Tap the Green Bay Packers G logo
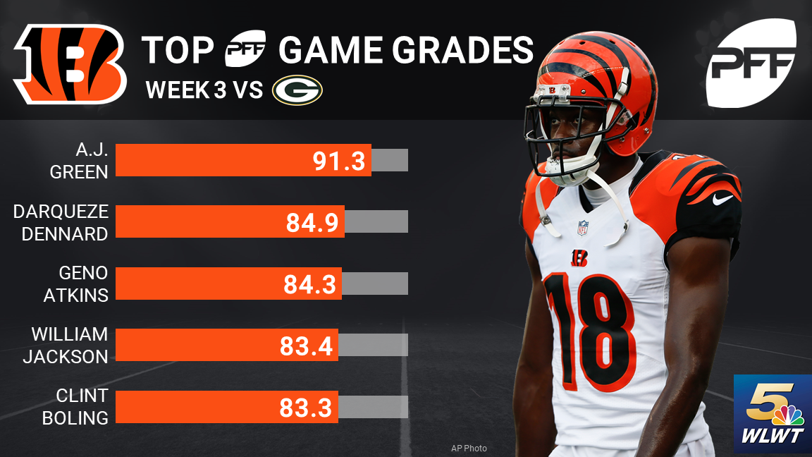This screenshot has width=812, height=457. (x=297, y=91)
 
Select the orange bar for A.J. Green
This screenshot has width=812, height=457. (x=243, y=161)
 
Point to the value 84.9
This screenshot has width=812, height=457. (x=312, y=222)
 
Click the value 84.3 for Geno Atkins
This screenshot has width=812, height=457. (x=311, y=284)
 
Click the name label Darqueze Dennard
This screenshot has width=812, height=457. (x=61, y=222)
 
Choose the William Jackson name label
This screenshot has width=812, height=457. (x=66, y=345)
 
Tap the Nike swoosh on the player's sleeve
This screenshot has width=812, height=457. (x=722, y=200)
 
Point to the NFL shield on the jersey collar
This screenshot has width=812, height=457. (x=583, y=227)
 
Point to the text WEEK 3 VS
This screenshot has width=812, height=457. (x=204, y=91)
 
